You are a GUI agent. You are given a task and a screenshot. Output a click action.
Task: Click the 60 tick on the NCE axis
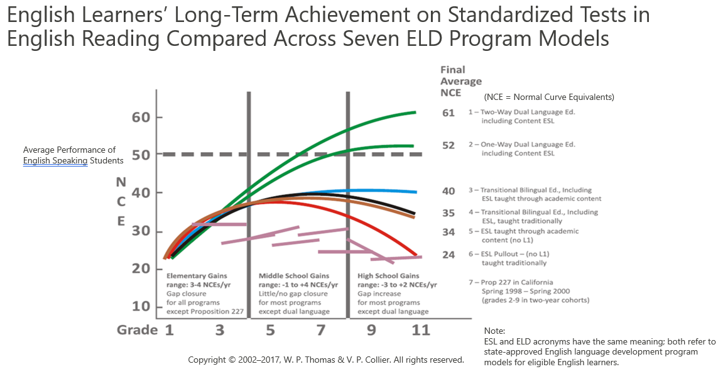[x=141, y=118]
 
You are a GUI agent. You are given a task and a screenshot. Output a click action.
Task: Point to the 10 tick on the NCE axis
[x=141, y=306]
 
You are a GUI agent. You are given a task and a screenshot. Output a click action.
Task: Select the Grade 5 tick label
[x=271, y=329]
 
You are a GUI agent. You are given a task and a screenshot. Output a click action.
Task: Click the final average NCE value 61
[x=448, y=113]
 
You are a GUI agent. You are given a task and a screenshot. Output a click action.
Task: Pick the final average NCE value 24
[x=448, y=255]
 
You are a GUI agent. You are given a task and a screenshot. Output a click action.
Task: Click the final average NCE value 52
[x=448, y=145]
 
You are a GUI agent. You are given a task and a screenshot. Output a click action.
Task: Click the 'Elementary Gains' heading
[x=197, y=276]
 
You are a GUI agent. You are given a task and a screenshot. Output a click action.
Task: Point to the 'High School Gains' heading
[x=388, y=276]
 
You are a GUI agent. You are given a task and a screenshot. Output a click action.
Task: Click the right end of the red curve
[x=415, y=255]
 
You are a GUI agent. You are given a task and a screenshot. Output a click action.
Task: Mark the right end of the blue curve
[x=415, y=192]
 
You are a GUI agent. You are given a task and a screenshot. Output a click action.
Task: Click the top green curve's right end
[x=415, y=113]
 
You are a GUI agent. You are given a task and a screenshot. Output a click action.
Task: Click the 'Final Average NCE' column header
[x=460, y=81]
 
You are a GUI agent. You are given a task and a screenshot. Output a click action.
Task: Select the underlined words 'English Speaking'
[x=55, y=161]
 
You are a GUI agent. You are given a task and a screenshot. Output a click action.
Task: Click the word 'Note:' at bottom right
[x=494, y=331]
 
